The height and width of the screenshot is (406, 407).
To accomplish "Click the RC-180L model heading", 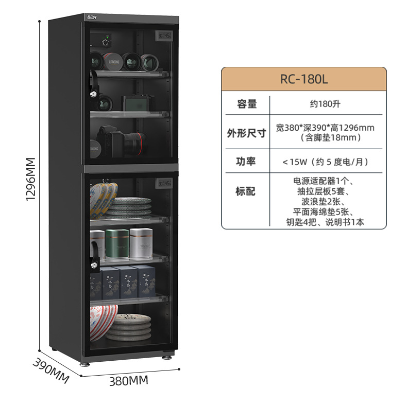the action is (304, 80).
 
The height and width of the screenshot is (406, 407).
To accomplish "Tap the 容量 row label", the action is (246, 104).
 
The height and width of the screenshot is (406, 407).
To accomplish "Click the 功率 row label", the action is (246, 161).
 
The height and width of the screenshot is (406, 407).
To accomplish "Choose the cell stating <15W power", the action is (325, 162).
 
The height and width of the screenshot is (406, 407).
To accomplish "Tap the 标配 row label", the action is (246, 191).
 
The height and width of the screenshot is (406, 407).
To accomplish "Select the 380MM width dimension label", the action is (129, 381).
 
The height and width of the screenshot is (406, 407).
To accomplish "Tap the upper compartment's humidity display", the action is (165, 37).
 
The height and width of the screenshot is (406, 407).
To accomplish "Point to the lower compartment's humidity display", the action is (165, 183).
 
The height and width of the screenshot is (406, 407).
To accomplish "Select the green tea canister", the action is (117, 243).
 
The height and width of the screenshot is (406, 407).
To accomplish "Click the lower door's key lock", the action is (94, 263).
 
